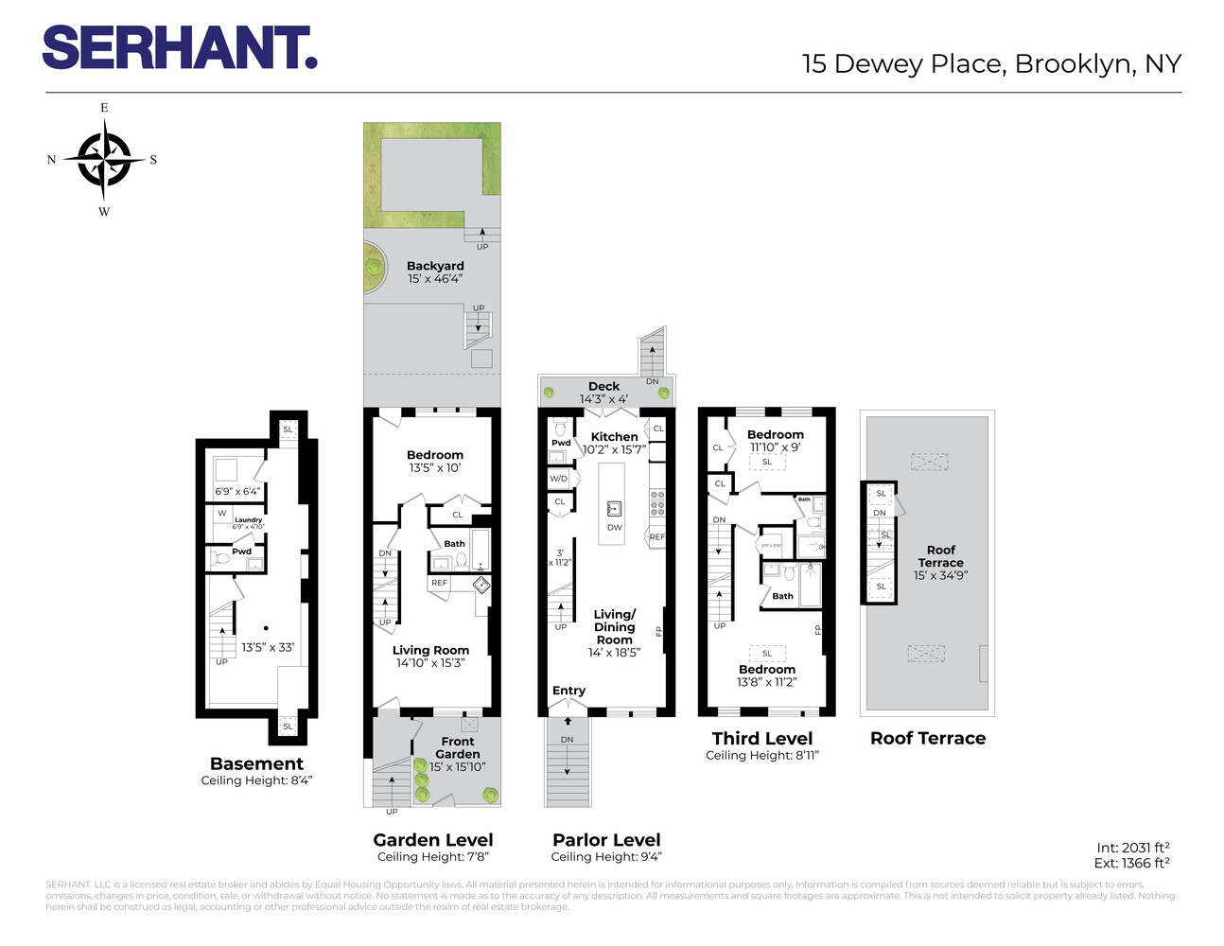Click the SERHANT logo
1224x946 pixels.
pos(179,47)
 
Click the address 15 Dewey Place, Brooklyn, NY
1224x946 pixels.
pos(991,64)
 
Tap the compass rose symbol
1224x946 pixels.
pos(104,160)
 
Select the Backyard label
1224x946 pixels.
pos(435,266)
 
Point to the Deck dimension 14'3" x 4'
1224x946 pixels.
pos(603,399)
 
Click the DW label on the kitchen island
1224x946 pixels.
pos(615,528)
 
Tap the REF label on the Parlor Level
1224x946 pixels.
pos(656,537)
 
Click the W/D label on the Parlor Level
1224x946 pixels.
pos(559,479)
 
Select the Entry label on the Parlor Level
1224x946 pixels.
pos(568,691)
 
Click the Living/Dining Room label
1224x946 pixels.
pos(615,627)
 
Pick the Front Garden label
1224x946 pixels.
pos(458,747)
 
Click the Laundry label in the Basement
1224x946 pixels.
pos(249,519)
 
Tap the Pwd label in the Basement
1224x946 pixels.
pos(242,552)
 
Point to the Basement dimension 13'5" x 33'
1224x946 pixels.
pos(268,648)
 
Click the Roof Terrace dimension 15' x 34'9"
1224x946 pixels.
pos(940,575)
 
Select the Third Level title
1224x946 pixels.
pos(762,739)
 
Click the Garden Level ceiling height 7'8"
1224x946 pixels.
pos(433,857)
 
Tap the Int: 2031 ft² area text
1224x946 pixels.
pos(1132,848)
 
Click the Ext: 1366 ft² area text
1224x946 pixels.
pos(1132,863)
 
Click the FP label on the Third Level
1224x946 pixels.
pos(818,630)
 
